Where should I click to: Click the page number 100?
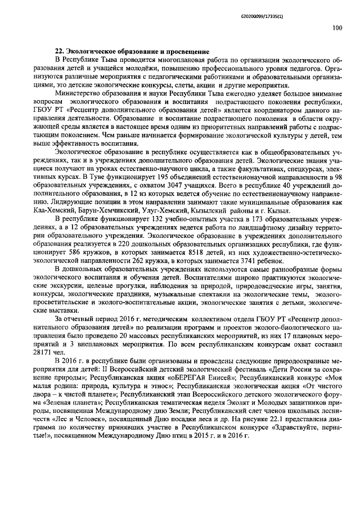[x=336, y=27]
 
